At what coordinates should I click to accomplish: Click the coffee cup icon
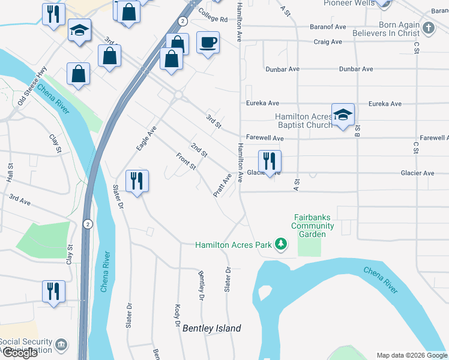(208, 43)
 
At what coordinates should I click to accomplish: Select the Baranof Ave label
(328, 27)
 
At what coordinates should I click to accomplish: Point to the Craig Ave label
(328, 42)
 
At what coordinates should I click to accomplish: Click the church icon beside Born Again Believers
(428, 28)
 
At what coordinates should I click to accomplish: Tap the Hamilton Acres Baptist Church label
(303, 121)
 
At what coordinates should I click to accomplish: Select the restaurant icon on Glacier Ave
(270, 161)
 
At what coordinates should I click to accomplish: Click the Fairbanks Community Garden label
(312, 226)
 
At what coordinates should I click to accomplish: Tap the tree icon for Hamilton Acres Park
(280, 244)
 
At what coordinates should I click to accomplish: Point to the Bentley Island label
(211, 328)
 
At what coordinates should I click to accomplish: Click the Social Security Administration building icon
(61, 345)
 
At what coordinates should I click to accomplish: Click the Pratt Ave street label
(222, 185)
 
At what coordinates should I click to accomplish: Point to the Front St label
(185, 161)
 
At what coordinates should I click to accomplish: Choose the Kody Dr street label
(178, 316)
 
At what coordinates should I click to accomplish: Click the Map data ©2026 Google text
(411, 355)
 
